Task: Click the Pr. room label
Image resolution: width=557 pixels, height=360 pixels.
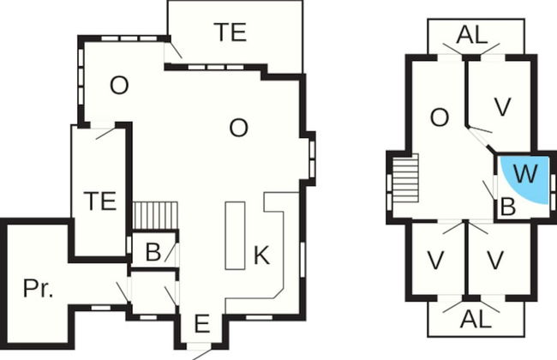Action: click(x=38, y=289)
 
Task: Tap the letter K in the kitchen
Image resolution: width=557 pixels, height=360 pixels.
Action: click(x=261, y=255)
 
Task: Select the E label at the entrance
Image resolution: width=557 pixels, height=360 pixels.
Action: click(x=202, y=323)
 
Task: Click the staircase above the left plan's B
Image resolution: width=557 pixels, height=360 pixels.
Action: click(x=155, y=214)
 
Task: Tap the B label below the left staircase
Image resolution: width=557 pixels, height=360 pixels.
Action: click(x=153, y=252)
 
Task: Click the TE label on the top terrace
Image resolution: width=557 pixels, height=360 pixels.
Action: click(x=230, y=33)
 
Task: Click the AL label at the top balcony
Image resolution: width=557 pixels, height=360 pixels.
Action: click(x=472, y=35)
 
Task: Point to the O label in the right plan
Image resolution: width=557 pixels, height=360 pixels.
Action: click(x=439, y=118)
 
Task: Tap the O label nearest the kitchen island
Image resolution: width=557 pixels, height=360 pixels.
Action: click(x=239, y=128)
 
